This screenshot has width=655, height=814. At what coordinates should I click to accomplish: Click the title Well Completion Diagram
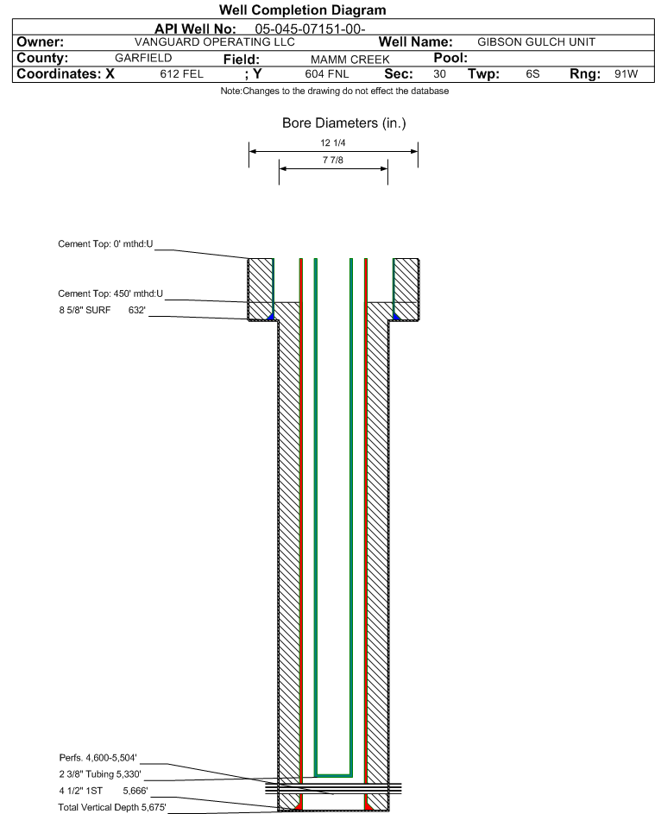(303, 9)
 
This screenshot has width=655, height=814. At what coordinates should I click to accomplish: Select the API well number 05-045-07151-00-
(310, 29)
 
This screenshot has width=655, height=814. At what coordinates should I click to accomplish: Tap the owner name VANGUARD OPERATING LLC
(214, 42)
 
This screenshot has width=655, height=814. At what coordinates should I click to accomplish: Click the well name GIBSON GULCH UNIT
(536, 42)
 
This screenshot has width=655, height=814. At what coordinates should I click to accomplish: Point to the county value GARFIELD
(143, 58)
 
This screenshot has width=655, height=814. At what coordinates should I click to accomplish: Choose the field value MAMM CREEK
(350, 60)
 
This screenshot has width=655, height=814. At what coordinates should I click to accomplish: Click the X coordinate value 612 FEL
(181, 74)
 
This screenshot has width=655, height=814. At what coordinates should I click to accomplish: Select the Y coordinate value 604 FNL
(327, 74)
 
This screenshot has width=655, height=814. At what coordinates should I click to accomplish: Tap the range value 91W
(626, 73)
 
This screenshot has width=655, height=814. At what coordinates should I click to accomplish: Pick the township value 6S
(532, 73)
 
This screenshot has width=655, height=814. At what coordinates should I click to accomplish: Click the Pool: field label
(450, 58)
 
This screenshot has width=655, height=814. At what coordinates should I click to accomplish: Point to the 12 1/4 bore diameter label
(333, 142)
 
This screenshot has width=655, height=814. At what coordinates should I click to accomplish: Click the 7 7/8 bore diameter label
(333, 160)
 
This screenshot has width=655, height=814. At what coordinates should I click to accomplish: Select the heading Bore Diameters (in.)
(344, 123)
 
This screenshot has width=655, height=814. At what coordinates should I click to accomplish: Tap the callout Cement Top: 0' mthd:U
(105, 244)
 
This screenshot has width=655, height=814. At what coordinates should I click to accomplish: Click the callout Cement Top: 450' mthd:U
(110, 293)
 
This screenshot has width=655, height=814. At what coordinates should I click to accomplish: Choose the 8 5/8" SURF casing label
(85, 311)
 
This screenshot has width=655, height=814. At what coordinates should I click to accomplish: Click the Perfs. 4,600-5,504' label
(98, 758)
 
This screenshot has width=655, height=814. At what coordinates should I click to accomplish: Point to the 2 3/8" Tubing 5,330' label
(100, 774)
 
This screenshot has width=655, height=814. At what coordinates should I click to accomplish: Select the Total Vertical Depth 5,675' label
(112, 807)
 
